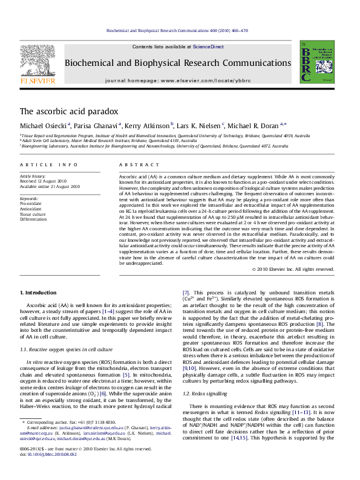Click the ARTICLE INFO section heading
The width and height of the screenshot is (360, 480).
(49, 165)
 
